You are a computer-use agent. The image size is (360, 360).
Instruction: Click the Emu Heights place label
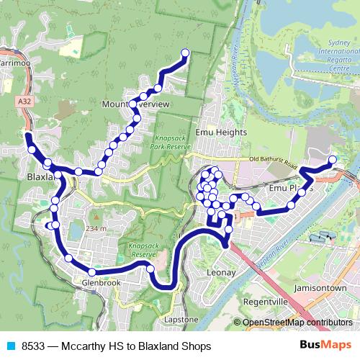(226, 132)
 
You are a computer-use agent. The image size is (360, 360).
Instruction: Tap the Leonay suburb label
(220, 273)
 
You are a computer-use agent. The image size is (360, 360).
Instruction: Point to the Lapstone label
(181, 319)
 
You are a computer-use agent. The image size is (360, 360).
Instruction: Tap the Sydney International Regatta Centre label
(333, 51)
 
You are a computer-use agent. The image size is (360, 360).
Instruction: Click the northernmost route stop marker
(185, 53)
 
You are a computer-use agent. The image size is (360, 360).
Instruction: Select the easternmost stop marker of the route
(332, 159)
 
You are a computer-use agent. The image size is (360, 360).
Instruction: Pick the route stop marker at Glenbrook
(92, 272)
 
